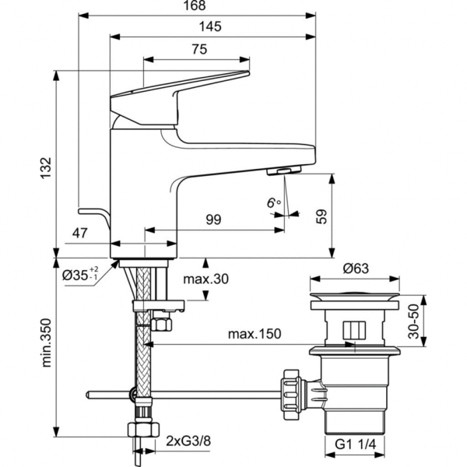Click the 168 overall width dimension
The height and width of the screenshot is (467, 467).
(197, 6)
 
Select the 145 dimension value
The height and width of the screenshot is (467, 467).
(210, 26)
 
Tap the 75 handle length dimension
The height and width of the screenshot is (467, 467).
(198, 49)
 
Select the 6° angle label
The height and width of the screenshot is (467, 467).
(273, 203)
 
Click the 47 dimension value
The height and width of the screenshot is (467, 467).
(80, 233)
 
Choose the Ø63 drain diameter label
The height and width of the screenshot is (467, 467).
(356, 269)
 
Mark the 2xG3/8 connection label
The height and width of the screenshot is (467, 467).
(188, 442)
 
